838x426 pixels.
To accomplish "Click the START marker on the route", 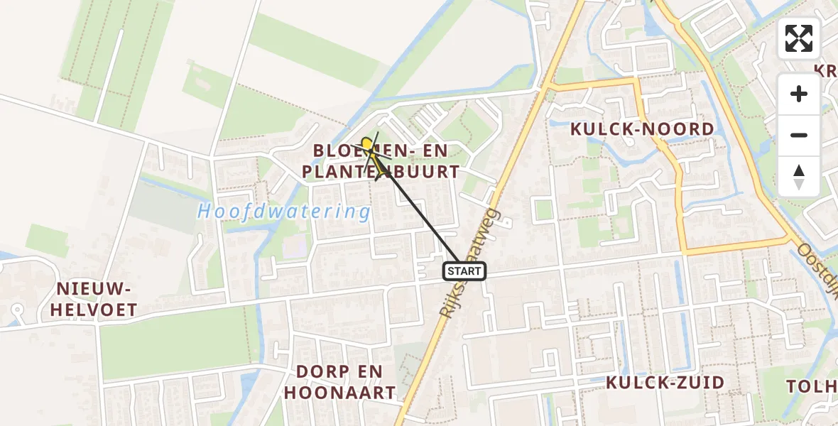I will [464, 271].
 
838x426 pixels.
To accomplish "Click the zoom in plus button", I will [799, 94].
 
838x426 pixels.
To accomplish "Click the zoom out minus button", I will [799, 135].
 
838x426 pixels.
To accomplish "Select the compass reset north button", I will [799, 176].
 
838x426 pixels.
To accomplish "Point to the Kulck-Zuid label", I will [665, 383].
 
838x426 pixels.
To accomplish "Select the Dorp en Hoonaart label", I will [339, 382].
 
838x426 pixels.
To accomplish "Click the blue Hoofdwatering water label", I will [284, 212].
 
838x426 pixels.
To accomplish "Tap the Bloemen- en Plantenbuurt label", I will [381, 161].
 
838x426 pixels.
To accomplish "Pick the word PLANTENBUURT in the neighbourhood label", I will [381, 172].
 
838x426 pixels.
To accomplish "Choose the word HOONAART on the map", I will [339, 393].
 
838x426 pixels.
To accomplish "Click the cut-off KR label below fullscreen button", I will [825, 71].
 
